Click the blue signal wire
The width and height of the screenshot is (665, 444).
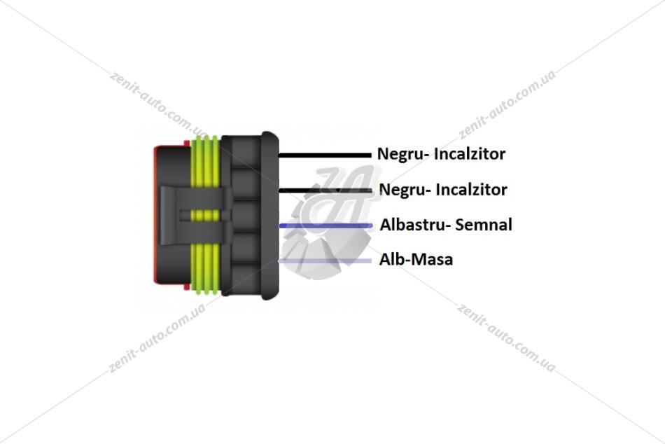tap(325, 226)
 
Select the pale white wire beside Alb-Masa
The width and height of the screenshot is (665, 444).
tap(325, 261)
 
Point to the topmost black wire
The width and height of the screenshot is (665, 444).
tap(324, 155)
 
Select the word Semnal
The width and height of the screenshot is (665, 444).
tap(479, 225)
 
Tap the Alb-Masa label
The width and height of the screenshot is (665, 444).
tap(416, 259)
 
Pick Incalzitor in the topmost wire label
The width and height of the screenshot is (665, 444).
tap(470, 153)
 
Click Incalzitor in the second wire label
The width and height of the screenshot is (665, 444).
tap(472, 189)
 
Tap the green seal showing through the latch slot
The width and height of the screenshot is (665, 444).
tap(205, 216)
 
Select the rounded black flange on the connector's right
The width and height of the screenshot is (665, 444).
tap(269, 215)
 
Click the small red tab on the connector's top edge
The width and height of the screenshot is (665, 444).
tap(187, 144)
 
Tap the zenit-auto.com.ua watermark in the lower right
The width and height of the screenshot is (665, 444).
tap(506, 338)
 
